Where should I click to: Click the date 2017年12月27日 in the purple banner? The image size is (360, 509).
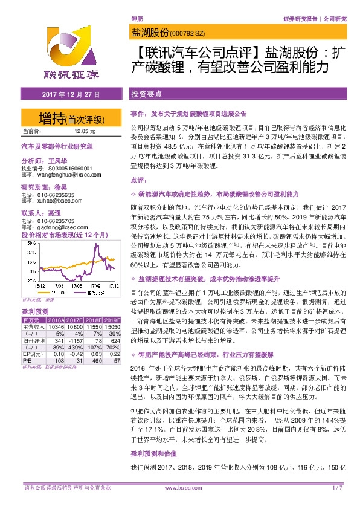pyautogui.click(x=71, y=96)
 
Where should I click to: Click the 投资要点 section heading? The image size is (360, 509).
pyautogui.click(x=146, y=95)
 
